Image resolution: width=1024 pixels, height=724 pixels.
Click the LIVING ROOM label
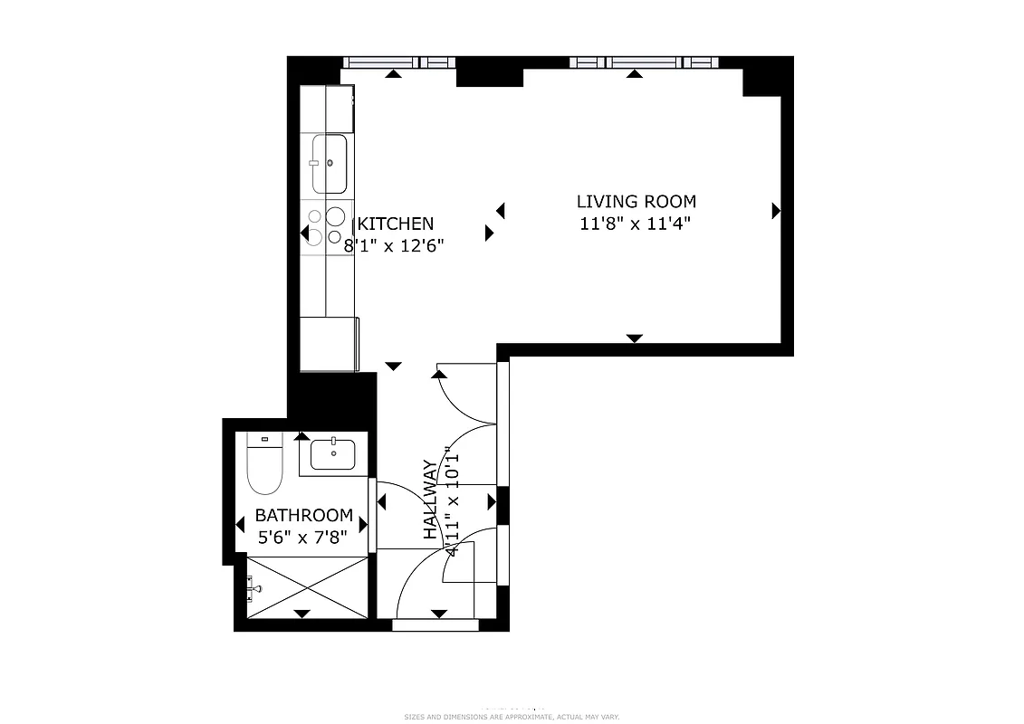click(x=636, y=201)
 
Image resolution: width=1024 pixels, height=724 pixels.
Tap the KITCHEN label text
click(x=397, y=224)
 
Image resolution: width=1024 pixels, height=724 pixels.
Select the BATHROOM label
click(x=303, y=515)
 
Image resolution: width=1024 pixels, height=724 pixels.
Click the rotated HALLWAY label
click(x=431, y=500)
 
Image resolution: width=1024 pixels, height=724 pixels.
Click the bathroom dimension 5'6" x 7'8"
click(x=303, y=536)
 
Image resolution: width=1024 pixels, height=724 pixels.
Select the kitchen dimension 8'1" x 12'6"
click(x=394, y=245)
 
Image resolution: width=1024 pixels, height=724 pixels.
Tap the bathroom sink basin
click(x=333, y=453)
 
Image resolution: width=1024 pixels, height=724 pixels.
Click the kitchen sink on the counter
click(x=330, y=164)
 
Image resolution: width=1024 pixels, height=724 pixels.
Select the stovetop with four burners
click(x=325, y=226)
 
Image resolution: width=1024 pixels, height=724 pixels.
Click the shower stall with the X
click(x=308, y=587)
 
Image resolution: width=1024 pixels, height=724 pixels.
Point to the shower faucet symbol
click(x=254, y=589)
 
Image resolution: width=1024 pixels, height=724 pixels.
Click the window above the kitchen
click(x=398, y=62)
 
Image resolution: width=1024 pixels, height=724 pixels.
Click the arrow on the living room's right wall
click(x=776, y=211)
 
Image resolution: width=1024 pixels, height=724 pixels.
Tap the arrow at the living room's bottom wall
click(x=635, y=338)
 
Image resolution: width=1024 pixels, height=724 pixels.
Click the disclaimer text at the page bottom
click(x=512, y=716)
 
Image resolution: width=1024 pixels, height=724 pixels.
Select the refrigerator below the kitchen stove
click(x=329, y=343)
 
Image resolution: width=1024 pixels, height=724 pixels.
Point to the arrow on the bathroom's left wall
click(x=241, y=525)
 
